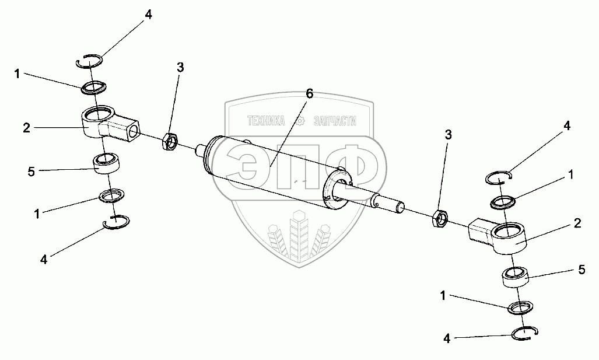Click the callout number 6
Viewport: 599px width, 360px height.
[x=309, y=93]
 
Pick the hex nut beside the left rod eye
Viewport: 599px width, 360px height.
[x=170, y=140]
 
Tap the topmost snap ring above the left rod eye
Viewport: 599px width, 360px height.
[x=90, y=61]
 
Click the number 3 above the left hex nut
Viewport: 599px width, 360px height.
[x=180, y=68]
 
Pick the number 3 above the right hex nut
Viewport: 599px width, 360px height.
[x=448, y=135]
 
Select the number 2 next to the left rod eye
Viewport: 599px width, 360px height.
[x=26, y=128]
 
